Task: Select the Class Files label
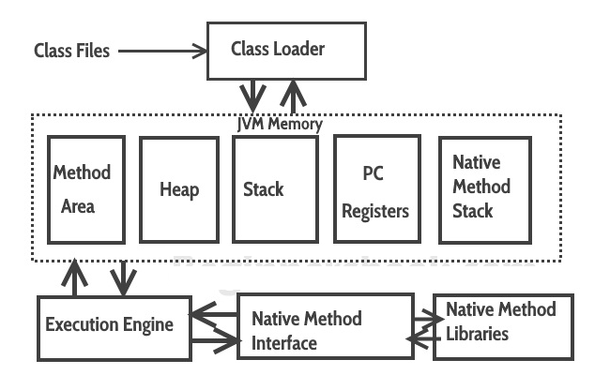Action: point(71,51)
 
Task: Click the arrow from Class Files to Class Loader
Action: point(160,51)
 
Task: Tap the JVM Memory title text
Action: point(279,124)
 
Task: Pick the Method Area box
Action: point(85,189)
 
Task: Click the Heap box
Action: point(178,189)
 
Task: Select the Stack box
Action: point(271,189)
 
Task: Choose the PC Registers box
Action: point(374,189)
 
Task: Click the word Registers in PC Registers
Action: point(374,211)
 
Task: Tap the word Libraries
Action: point(477,334)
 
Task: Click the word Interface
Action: point(284,343)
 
